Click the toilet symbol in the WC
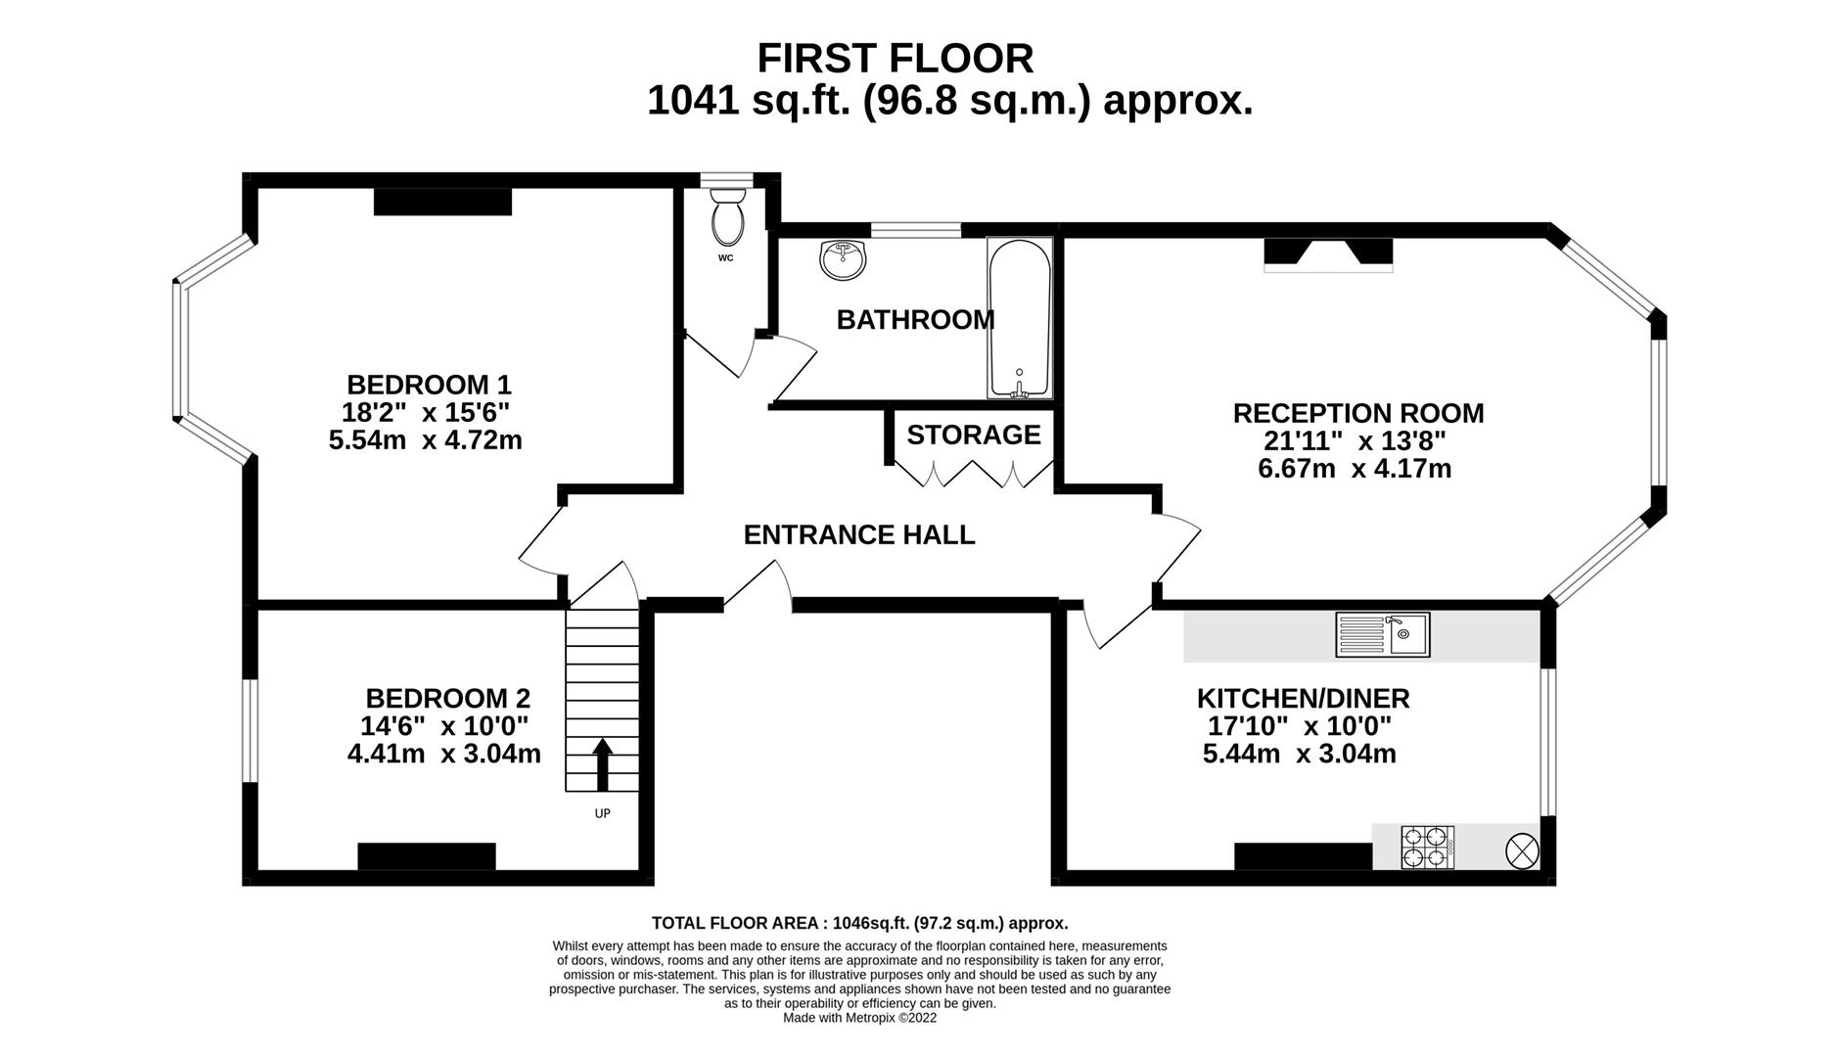pyautogui.click(x=727, y=216)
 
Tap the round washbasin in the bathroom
pyautogui.click(x=843, y=259)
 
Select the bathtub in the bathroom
pyautogui.click(x=1020, y=318)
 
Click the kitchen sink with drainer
pyautogui.click(x=1382, y=634)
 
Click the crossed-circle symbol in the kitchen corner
pyautogui.click(x=1522, y=850)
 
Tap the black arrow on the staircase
pyautogui.click(x=602, y=764)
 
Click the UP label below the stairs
pyautogui.click(x=602, y=813)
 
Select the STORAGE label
pyautogui.click(x=973, y=435)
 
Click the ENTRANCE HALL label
pyautogui.click(x=859, y=534)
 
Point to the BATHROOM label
pyautogui.click(x=915, y=320)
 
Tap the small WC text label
pyautogui.click(x=725, y=258)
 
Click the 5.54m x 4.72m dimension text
pyautogui.click(x=425, y=440)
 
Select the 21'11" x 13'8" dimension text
pyautogui.click(x=1355, y=440)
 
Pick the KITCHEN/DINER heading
pyautogui.click(x=1303, y=699)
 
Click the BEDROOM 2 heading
pyautogui.click(x=447, y=699)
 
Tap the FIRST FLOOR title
pyautogui.click(x=895, y=59)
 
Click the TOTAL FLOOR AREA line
pyautogui.click(x=859, y=923)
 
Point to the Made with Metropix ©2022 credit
pyautogui.click(x=859, y=1018)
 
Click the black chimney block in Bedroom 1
pyautogui.click(x=442, y=202)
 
